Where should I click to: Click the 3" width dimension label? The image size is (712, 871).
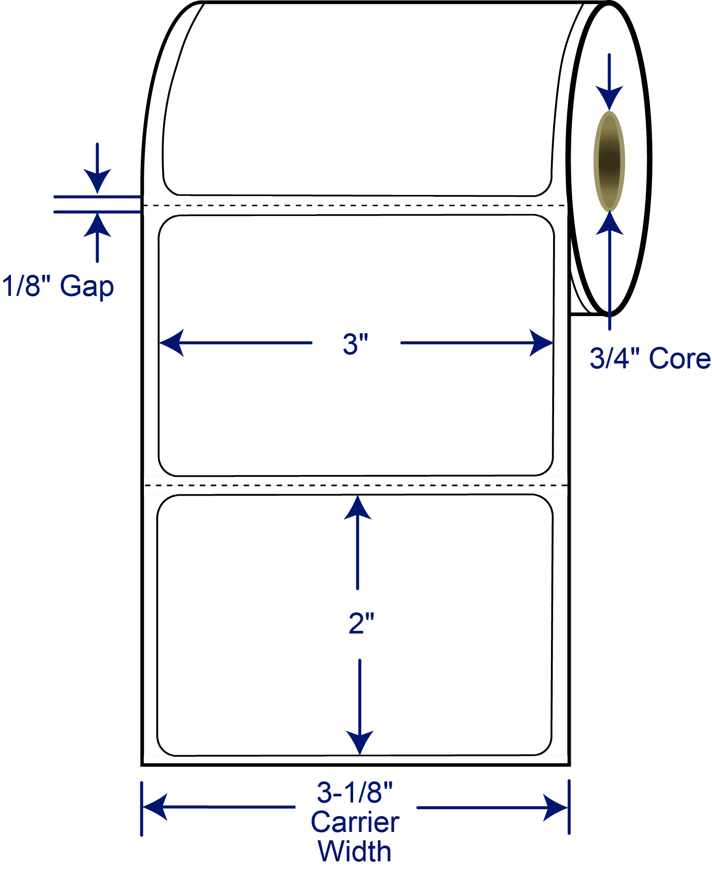pyautogui.click(x=355, y=344)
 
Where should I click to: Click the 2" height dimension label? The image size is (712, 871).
pyautogui.click(x=361, y=623)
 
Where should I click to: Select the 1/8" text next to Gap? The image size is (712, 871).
pyautogui.click(x=26, y=285)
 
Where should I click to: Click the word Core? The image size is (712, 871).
pyautogui.click(x=680, y=358)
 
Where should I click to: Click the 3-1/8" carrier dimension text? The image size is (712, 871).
pyautogui.click(x=355, y=792)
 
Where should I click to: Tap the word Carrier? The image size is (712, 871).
pyautogui.click(x=355, y=822)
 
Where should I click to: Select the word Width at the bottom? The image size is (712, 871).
pyautogui.click(x=354, y=851)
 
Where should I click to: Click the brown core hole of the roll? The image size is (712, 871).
pyautogui.click(x=609, y=161)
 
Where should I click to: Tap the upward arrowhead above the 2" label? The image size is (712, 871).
pyautogui.click(x=358, y=508)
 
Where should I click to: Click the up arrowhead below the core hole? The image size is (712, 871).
pyautogui.click(x=609, y=223)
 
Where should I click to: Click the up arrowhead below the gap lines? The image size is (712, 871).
pyautogui.click(x=97, y=225)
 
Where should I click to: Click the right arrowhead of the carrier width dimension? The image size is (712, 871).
pyautogui.click(x=555, y=807)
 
